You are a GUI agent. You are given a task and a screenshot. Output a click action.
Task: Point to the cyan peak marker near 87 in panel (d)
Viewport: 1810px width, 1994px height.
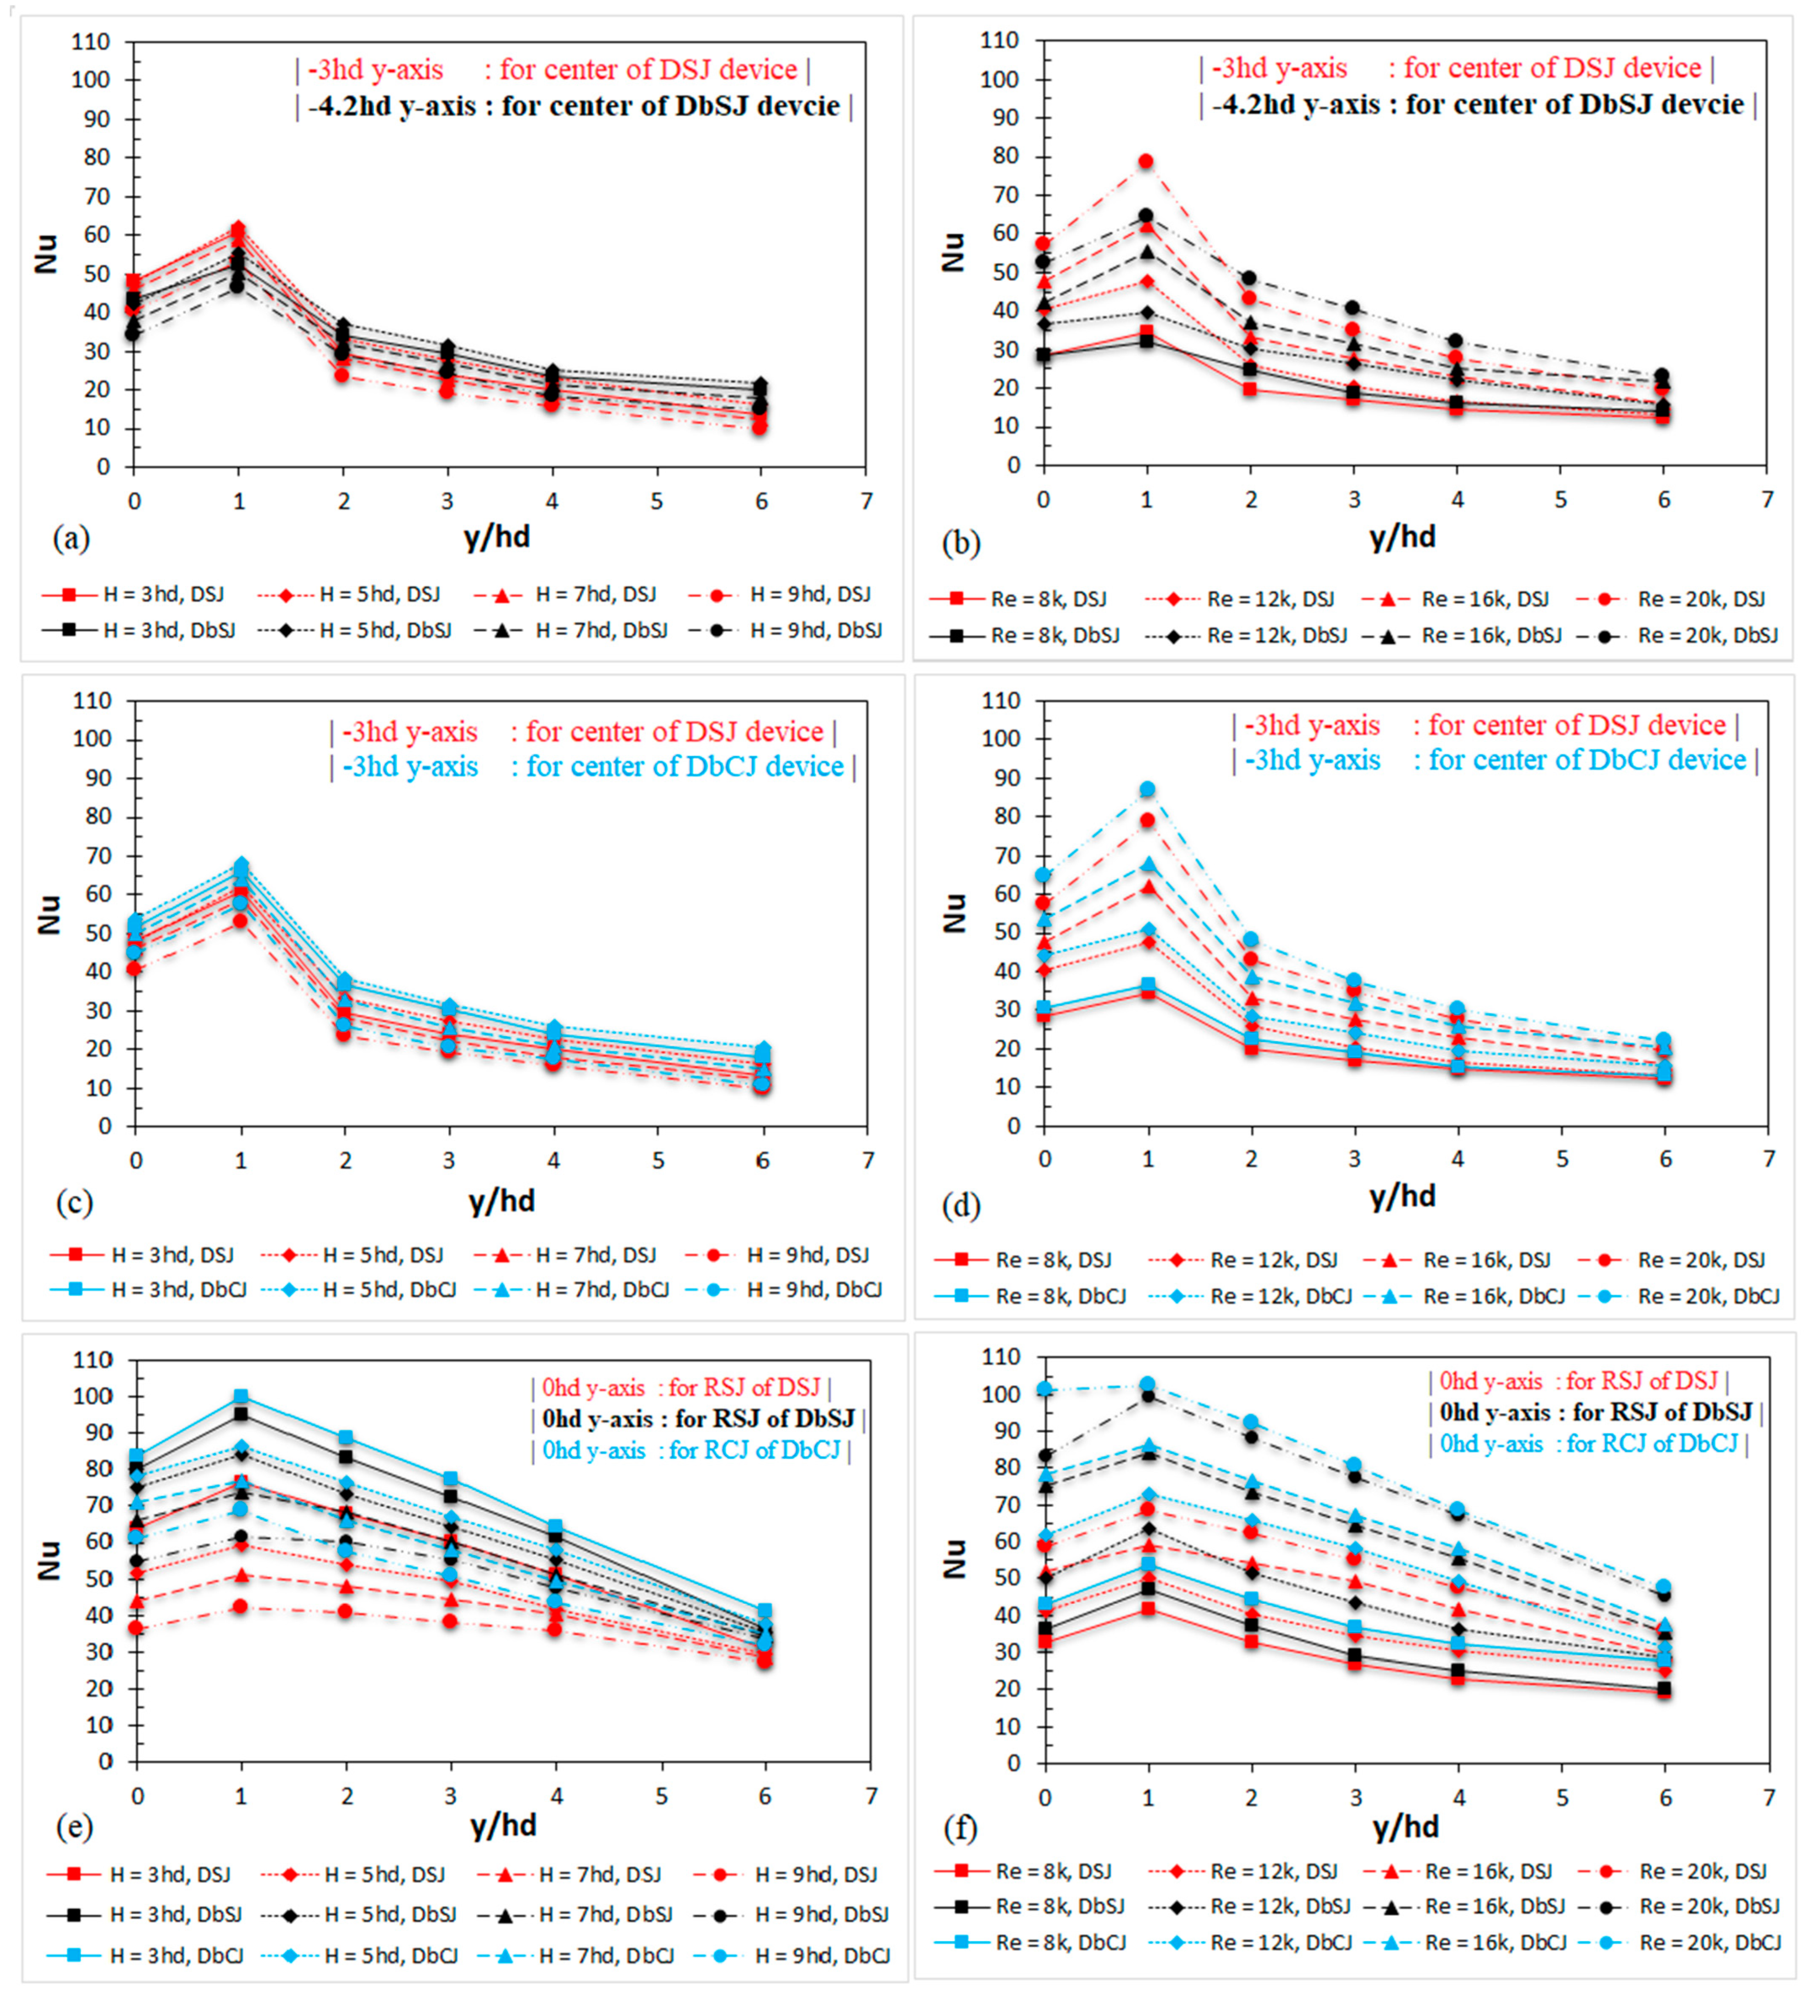click(1147, 789)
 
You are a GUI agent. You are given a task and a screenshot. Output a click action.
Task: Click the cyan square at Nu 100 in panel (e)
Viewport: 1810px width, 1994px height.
click(241, 1397)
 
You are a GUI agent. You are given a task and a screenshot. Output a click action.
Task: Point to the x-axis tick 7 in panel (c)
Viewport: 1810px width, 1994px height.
click(868, 1160)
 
